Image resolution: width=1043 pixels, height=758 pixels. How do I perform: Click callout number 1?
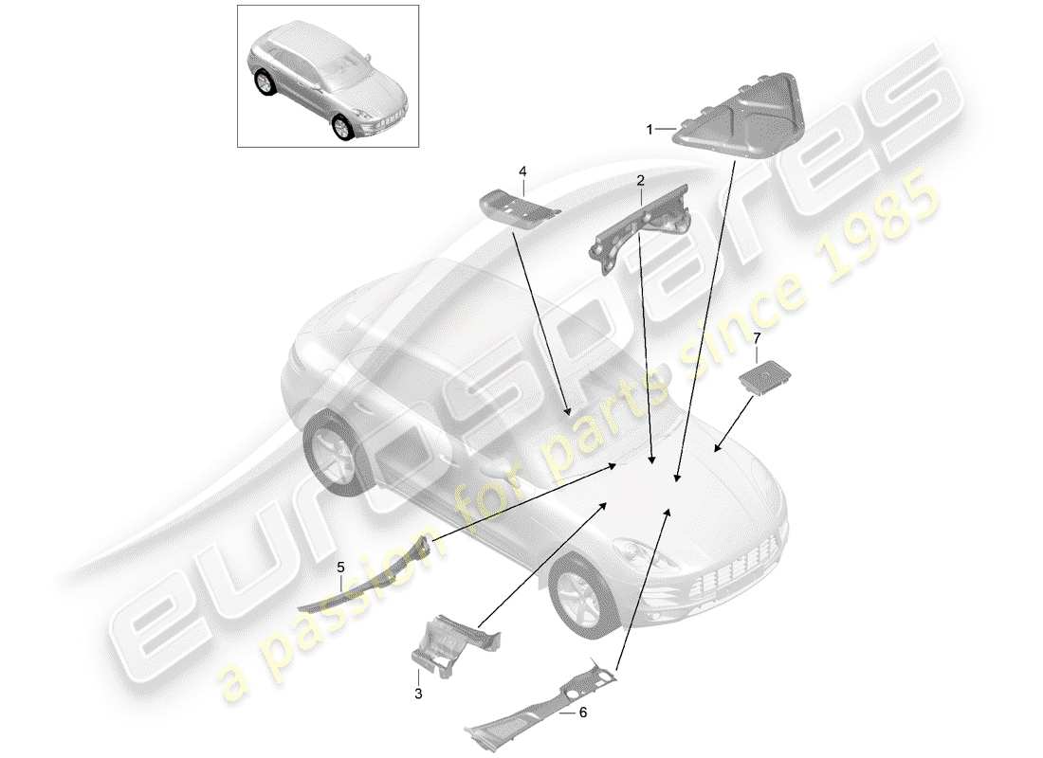(650, 130)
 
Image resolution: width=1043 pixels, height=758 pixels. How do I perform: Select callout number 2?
(641, 179)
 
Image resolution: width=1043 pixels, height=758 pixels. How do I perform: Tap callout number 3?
(418, 694)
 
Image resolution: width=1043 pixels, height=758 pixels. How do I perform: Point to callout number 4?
(521, 171)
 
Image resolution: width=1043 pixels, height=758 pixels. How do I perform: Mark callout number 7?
(757, 337)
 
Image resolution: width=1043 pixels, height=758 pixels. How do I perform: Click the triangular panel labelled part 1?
(744, 114)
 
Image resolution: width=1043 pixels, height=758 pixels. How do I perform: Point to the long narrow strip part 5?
(370, 578)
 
